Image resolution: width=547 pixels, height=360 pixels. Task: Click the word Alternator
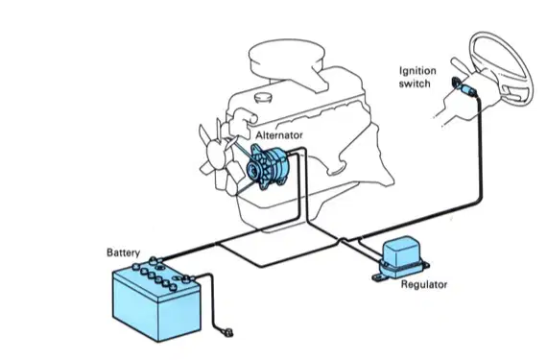(x=279, y=135)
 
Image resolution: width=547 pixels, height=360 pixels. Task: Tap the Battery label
(x=124, y=252)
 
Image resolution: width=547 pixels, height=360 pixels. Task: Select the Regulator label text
(x=424, y=284)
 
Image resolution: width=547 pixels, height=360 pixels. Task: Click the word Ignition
(x=417, y=71)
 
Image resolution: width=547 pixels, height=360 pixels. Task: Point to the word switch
(x=415, y=84)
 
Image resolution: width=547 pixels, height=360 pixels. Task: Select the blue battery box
(x=156, y=301)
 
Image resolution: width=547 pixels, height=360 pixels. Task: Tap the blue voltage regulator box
(x=402, y=256)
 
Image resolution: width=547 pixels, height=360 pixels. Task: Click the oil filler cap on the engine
(x=264, y=97)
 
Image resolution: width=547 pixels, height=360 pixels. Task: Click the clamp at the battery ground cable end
(x=227, y=332)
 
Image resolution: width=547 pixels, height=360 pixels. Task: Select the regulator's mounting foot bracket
(x=379, y=278)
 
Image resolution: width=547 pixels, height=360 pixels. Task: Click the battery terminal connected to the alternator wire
(x=154, y=260)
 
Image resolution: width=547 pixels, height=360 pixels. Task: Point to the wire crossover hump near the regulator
(x=344, y=240)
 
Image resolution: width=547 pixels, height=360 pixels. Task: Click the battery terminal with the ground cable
(x=188, y=278)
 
